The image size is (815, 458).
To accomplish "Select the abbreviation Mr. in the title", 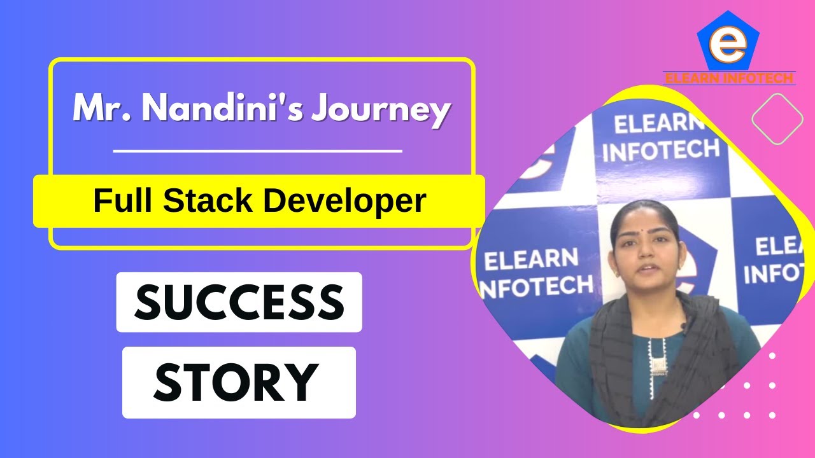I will coord(99,109).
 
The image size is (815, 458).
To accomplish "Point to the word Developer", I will coord(344,202).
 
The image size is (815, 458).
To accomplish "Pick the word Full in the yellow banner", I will coord(124,201).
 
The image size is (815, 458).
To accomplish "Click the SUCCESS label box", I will coord(239,302).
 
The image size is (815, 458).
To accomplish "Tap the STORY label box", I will coord(239,382).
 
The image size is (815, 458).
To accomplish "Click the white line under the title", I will coord(257,151).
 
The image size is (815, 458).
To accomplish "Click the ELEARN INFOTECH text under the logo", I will coord(728,79).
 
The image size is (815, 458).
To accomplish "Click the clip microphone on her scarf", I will coord(683,328).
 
